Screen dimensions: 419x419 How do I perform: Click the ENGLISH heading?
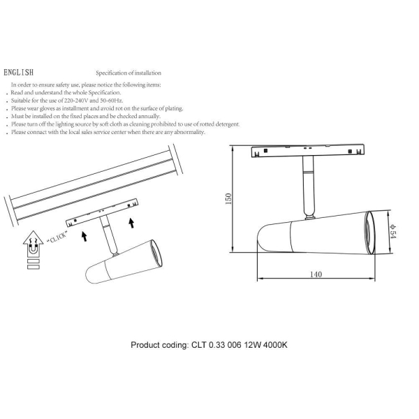click(x=18, y=73)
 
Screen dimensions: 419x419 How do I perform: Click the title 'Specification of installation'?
click(x=128, y=73)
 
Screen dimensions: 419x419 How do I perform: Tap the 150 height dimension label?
click(x=228, y=199)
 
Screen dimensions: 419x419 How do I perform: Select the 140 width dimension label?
click(x=316, y=274)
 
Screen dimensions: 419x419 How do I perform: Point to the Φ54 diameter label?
click(x=393, y=231)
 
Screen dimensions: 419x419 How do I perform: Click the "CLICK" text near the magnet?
click(x=57, y=237)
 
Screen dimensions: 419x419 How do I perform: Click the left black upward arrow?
click(x=84, y=237)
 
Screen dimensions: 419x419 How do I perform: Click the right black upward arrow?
click(x=131, y=223)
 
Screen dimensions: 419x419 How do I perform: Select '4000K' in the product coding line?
click(x=275, y=345)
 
